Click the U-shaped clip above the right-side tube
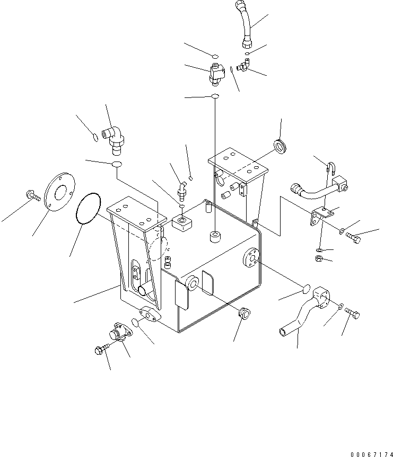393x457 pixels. click(330, 168)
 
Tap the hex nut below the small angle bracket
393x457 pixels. click(320, 258)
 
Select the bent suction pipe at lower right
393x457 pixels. click(302, 313)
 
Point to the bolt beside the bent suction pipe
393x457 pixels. click(354, 315)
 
